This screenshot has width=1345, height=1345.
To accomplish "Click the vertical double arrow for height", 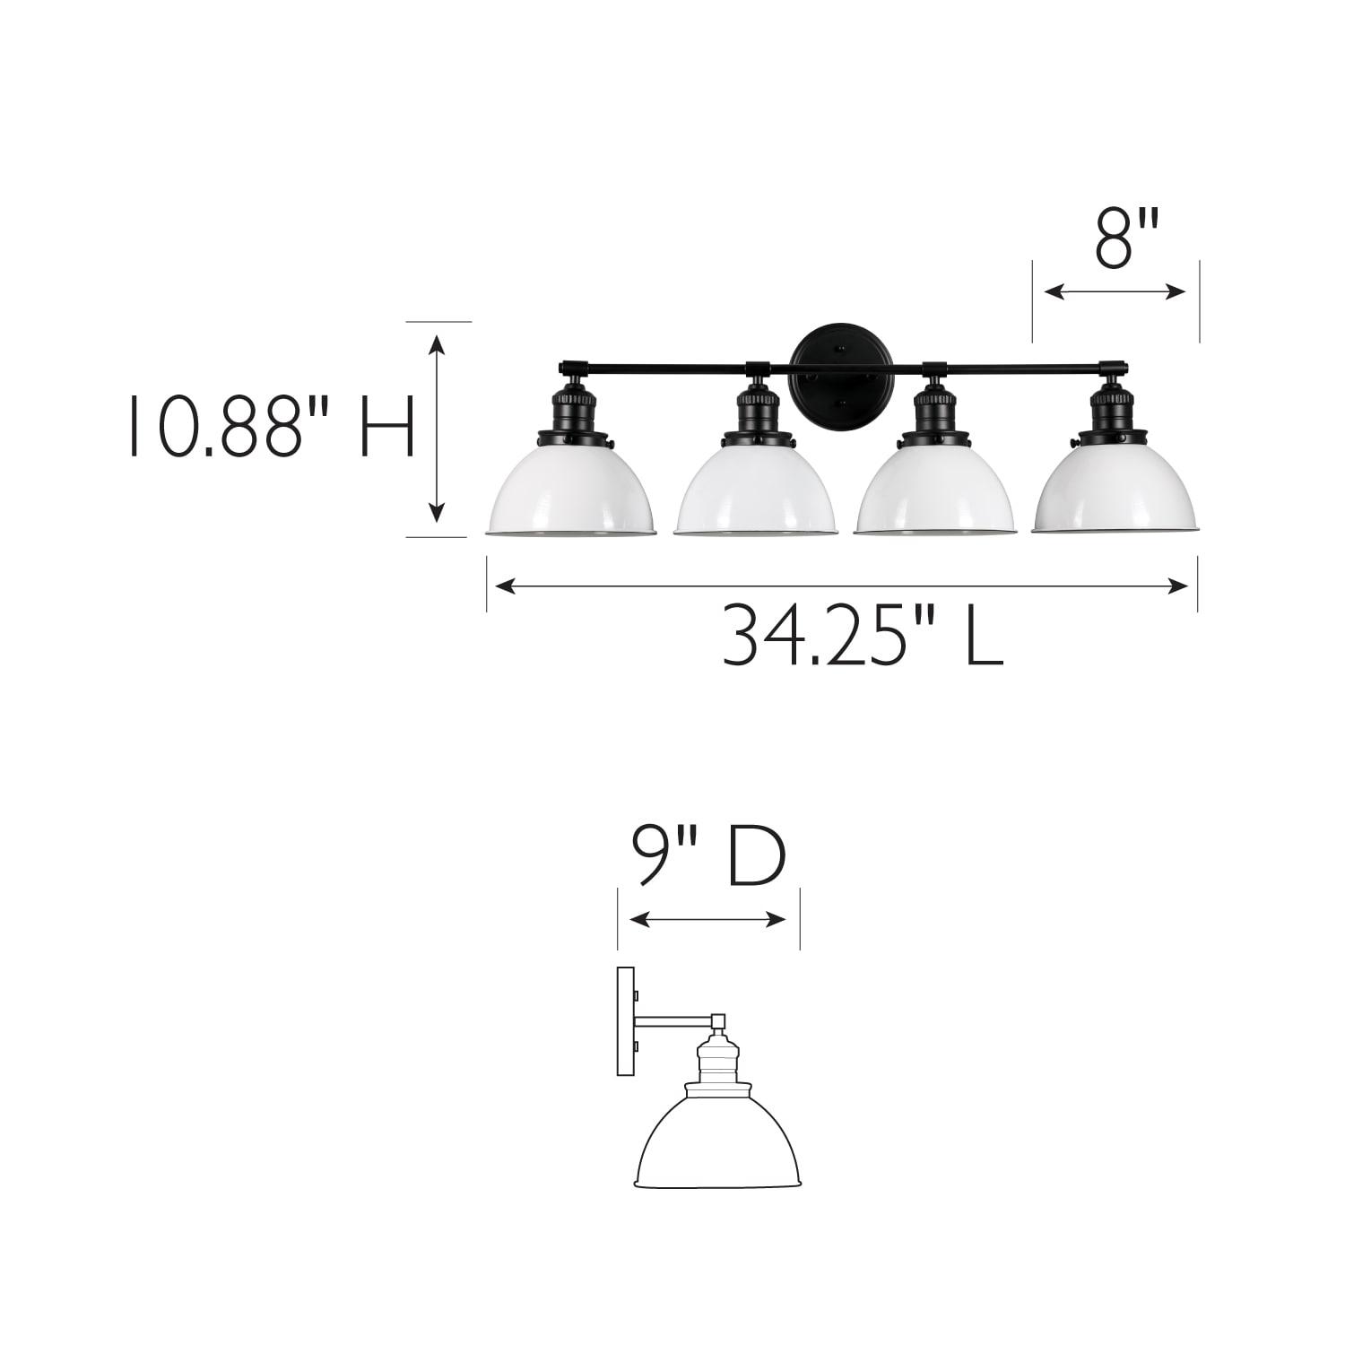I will click(x=437, y=428).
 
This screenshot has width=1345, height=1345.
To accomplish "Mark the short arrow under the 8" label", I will click(x=1115, y=291).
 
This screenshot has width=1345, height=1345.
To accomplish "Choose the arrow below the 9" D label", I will click(x=708, y=919).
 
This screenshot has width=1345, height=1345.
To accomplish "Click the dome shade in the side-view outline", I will click(x=723, y=1143).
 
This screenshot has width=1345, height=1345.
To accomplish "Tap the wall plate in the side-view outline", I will click(x=625, y=1020).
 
